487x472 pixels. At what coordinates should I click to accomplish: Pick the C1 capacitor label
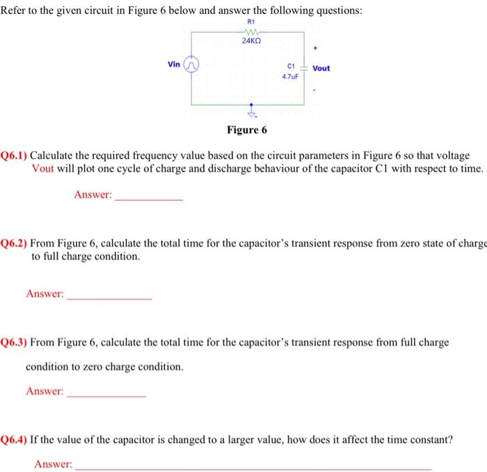click(290, 66)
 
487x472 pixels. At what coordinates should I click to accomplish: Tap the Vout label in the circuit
click(321, 68)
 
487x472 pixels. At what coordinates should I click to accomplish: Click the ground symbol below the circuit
click(252, 113)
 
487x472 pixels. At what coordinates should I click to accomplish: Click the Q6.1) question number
click(15, 156)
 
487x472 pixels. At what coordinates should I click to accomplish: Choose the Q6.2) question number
click(15, 243)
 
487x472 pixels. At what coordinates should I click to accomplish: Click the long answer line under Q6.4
click(253, 467)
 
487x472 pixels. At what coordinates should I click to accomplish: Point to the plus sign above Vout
click(315, 49)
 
